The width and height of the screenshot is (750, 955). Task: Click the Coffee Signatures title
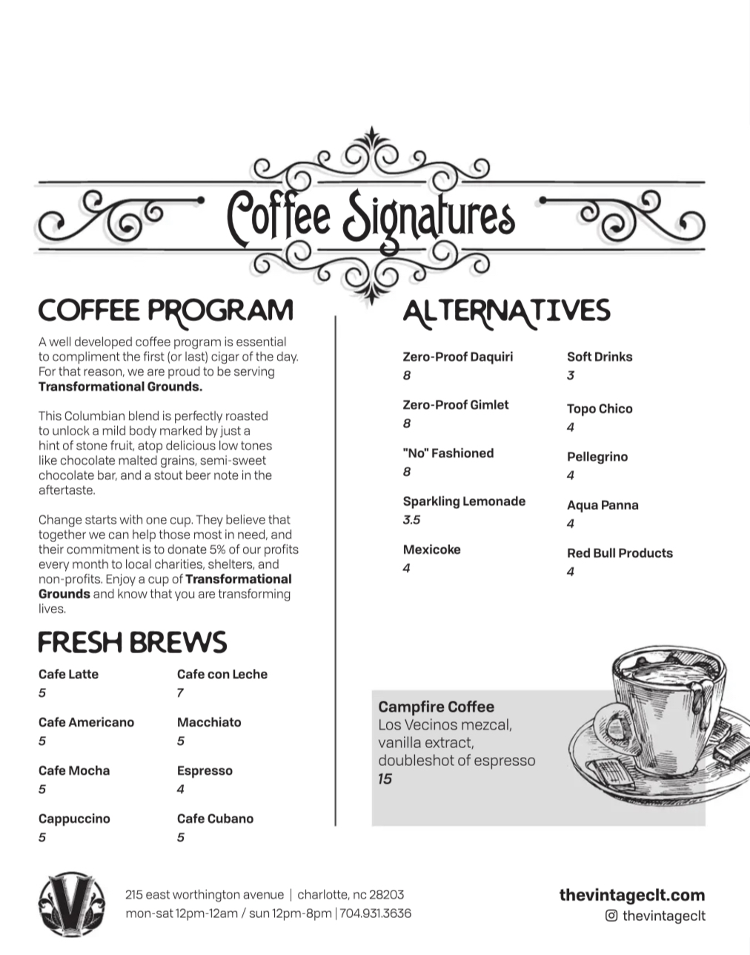[371, 215]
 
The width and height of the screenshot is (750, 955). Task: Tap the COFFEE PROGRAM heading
[165, 310]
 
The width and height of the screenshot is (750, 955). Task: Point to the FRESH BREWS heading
[132, 642]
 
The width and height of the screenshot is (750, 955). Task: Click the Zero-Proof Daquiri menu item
[457, 357]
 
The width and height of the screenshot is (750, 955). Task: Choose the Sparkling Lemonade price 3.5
[411, 520]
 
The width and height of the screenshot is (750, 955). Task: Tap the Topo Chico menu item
[600, 409]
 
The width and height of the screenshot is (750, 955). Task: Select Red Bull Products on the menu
[620, 553]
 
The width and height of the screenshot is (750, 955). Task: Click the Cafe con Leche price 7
[180, 693]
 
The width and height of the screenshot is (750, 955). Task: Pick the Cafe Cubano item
[215, 819]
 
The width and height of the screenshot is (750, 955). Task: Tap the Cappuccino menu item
[74, 819]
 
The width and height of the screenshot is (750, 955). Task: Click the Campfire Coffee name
[436, 707]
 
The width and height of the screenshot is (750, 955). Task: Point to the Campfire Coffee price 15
[385, 779]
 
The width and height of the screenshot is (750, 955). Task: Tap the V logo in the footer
[72, 903]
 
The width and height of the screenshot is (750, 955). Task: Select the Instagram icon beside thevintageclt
[611, 916]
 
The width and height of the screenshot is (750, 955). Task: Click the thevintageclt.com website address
[631, 895]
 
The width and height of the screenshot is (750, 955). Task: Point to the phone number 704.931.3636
[376, 913]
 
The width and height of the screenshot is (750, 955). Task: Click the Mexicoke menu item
[431, 549]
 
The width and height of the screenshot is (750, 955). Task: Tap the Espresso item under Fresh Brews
[205, 770]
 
